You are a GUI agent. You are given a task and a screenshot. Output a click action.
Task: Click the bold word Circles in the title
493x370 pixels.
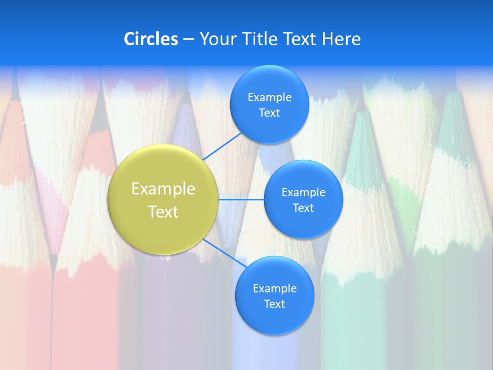click(150, 39)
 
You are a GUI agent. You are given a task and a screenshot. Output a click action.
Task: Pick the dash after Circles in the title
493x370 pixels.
click(188, 40)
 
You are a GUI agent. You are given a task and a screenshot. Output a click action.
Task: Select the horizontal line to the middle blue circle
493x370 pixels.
click(241, 199)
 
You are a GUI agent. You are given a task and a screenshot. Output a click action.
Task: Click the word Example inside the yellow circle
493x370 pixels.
click(163, 189)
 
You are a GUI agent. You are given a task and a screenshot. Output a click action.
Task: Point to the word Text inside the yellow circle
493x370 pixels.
click(163, 212)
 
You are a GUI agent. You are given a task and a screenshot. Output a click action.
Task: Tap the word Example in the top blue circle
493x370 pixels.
click(269, 98)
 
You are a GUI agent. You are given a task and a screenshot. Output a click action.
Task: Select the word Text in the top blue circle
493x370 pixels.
click(269, 113)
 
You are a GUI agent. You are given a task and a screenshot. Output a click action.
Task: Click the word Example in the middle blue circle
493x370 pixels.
click(303, 193)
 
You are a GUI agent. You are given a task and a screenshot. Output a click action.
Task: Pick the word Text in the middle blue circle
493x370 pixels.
click(303, 208)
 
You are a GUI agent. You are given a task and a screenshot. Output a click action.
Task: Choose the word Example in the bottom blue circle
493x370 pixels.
click(274, 289)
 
